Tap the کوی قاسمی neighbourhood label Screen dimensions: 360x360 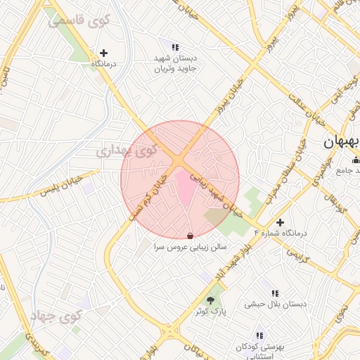(x=79, y=20)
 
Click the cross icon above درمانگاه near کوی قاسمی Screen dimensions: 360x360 (x=104, y=53)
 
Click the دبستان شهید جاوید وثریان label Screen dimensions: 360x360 (x=177, y=64)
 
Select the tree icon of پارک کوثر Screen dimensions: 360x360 (x=211, y=300)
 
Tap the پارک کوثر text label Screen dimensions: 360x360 (x=211, y=311)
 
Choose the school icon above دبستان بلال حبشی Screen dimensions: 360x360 (x=275, y=293)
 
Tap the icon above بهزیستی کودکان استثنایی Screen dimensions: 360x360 (x=259, y=335)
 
